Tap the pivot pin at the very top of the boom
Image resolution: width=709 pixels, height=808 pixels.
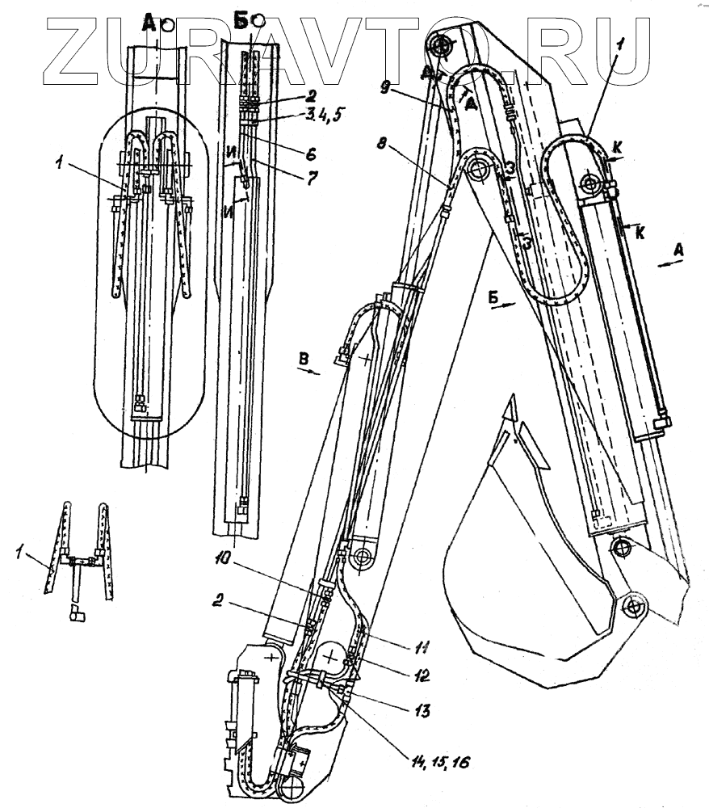[441, 46]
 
